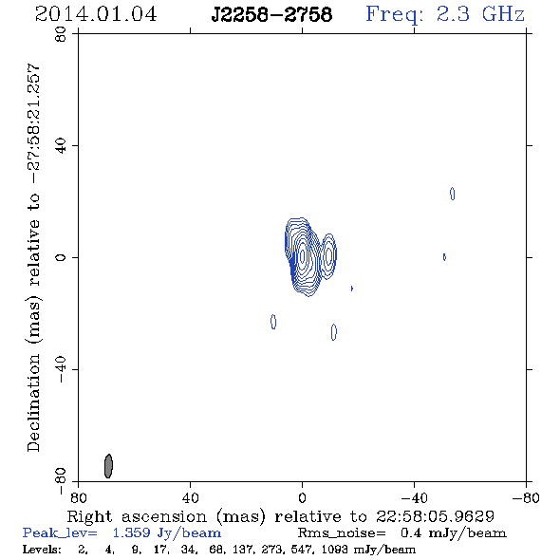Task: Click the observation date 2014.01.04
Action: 96,14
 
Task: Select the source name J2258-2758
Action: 271,14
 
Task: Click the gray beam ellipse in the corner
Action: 108,466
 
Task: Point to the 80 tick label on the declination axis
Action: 61,34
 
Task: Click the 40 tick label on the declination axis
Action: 61,146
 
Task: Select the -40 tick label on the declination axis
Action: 61,369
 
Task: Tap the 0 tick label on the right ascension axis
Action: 302,498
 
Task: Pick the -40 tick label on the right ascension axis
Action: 414,498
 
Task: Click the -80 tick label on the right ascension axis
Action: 526,498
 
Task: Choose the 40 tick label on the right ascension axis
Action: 191,498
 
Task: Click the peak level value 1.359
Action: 131,532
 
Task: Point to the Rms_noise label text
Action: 342,533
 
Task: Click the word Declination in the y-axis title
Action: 33,402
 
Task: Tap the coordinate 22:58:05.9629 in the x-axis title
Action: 435,516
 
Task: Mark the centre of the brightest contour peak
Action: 303,255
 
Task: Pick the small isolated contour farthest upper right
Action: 452,194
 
